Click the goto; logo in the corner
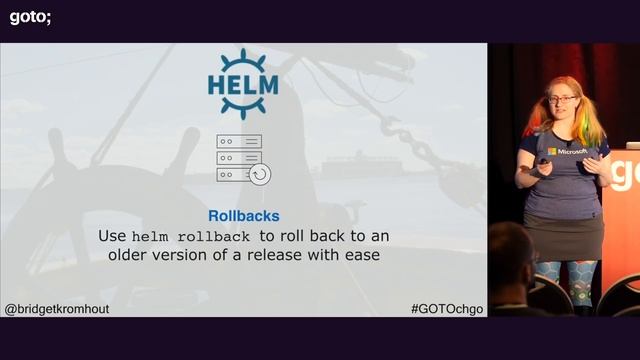pos(30,16)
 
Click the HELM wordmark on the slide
pos(243,72)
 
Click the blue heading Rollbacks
pos(243,215)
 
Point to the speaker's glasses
pos(560,99)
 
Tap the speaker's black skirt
pos(565,236)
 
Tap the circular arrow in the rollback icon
pos(259,174)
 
